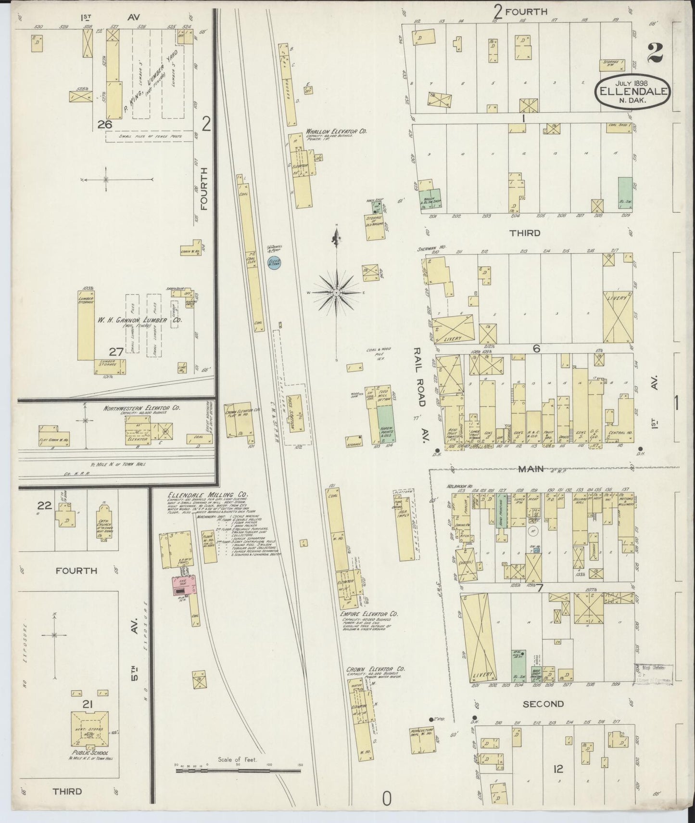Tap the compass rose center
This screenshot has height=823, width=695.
pyautogui.click(x=337, y=293)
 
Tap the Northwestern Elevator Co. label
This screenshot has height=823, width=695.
pyautogui.click(x=142, y=408)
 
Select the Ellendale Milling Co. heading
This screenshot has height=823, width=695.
pyautogui.click(x=201, y=495)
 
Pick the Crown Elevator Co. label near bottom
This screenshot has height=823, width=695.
pyautogui.click(x=376, y=669)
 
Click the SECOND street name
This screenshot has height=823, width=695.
pyautogui.click(x=543, y=704)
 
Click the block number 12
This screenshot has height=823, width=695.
pyautogui.click(x=558, y=769)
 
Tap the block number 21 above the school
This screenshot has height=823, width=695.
pyautogui.click(x=87, y=705)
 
